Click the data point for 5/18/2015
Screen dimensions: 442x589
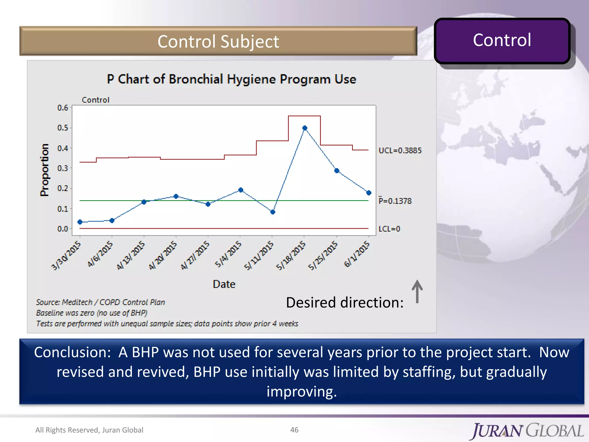[305, 128]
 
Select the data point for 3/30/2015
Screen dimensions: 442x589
[80, 222]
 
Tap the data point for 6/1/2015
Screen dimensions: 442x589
[369, 193]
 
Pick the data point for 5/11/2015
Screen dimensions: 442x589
[273, 212]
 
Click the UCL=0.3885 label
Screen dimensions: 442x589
[400, 150]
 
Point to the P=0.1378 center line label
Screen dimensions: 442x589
[395, 201]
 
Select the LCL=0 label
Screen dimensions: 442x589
[389, 229]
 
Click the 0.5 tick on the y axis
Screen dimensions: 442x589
[63, 128]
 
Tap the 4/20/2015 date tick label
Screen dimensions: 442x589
[163, 256]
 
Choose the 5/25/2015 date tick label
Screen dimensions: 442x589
[323, 256]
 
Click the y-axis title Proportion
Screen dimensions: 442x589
[45, 170]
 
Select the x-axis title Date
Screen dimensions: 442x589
[224, 284]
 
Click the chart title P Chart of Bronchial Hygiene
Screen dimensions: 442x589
[232, 79]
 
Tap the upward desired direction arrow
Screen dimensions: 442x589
[417, 291]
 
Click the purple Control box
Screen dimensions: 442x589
[502, 40]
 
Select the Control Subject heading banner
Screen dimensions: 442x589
[218, 41]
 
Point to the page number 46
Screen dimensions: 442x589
[294, 430]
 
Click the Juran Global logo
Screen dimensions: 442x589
[527, 431]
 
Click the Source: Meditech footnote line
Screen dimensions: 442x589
[100, 302]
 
